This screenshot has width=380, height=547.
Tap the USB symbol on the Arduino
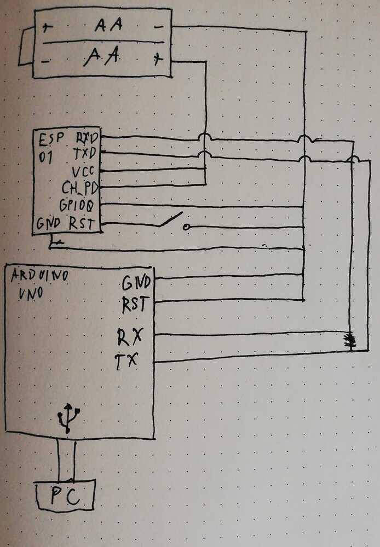[x=68, y=417]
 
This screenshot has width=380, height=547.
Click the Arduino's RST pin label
[x=135, y=305]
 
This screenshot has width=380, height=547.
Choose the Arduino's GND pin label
[x=135, y=283]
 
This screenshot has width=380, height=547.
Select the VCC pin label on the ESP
[x=84, y=171]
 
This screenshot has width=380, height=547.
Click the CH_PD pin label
[x=80, y=189]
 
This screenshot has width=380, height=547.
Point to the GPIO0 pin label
[x=80, y=206]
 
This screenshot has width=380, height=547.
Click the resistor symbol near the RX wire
[x=350, y=341]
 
